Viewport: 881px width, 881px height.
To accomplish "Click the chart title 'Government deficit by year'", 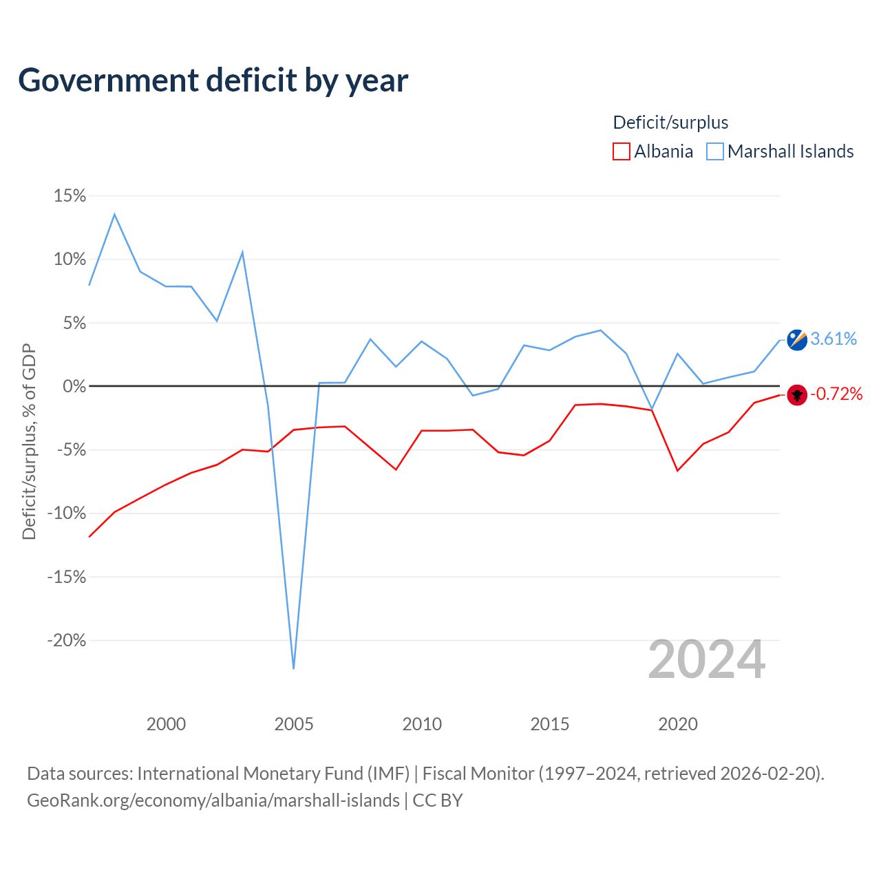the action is [x=213, y=81].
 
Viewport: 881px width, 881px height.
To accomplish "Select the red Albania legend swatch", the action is [x=621, y=151].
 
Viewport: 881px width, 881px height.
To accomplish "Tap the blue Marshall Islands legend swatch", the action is [x=714, y=151].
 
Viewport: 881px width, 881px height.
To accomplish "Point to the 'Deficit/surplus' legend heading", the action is [x=670, y=123].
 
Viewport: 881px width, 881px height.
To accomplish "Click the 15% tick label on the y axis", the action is [x=70, y=195].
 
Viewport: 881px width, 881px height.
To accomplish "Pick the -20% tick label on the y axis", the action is [x=66, y=640].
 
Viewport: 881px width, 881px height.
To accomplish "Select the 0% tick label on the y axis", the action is [x=74, y=386].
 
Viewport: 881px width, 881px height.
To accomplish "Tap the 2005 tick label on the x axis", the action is [x=293, y=724].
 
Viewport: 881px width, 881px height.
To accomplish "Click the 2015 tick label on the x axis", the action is [x=549, y=724].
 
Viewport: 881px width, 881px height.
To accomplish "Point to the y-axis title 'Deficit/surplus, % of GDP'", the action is [x=29, y=441].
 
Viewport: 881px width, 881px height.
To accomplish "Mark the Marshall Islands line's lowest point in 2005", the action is [x=293, y=668].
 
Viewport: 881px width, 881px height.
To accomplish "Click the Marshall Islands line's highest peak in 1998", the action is [x=114, y=214].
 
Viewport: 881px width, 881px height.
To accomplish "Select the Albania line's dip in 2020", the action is [x=677, y=471].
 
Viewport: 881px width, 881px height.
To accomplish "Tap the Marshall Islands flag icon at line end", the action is [x=797, y=340].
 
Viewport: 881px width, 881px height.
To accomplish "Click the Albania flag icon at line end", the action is [x=797, y=394].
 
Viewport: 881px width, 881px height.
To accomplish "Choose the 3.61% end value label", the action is [x=834, y=339].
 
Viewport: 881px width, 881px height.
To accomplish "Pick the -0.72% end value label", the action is [x=836, y=394].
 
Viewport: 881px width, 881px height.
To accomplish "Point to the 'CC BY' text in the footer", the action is [x=438, y=800].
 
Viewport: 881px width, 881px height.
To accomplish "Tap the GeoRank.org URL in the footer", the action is [x=213, y=801].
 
